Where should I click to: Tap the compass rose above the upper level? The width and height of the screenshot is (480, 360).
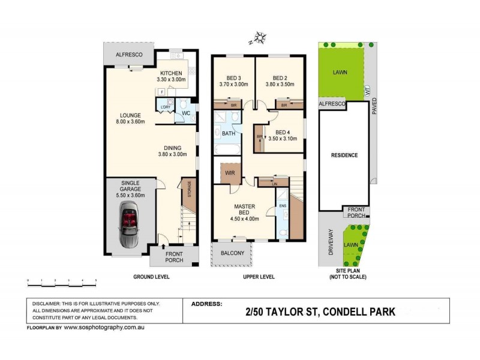259,39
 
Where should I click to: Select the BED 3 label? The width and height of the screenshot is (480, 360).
233,78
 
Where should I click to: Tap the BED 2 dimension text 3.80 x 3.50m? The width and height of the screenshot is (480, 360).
280,85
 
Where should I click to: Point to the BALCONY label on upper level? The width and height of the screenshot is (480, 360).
233,253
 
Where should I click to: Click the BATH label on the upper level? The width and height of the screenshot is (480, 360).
228,133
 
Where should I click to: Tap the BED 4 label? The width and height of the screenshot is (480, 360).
282,132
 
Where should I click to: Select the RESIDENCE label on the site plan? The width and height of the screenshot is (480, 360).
344,155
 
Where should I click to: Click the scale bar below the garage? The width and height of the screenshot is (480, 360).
62,280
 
